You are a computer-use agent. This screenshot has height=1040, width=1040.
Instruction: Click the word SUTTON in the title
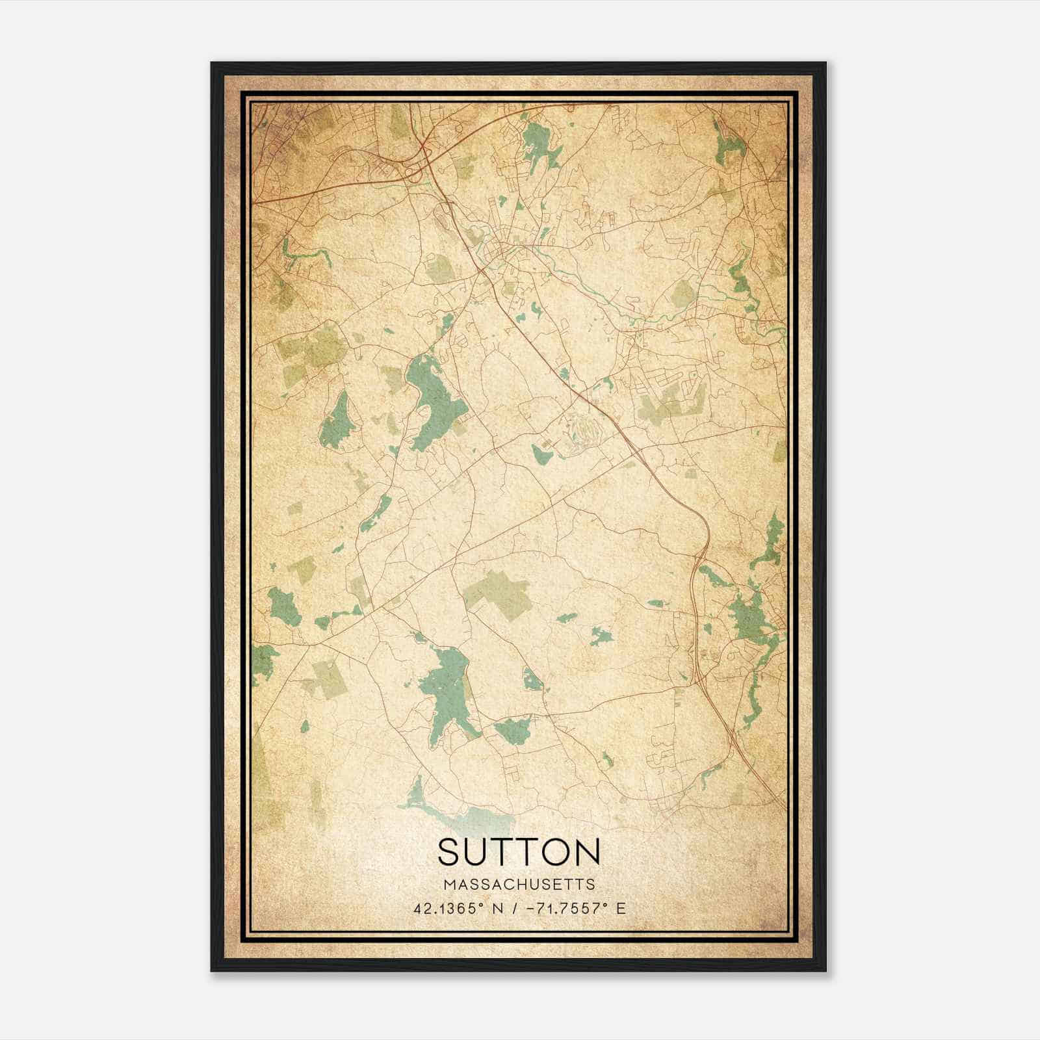point(519,851)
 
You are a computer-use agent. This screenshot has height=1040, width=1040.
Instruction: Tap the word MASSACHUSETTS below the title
point(519,885)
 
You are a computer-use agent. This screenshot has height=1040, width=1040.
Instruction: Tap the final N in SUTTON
point(588,851)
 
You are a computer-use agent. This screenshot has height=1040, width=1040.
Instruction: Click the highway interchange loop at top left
point(414,173)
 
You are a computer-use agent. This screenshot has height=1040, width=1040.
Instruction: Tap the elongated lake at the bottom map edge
point(455,811)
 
